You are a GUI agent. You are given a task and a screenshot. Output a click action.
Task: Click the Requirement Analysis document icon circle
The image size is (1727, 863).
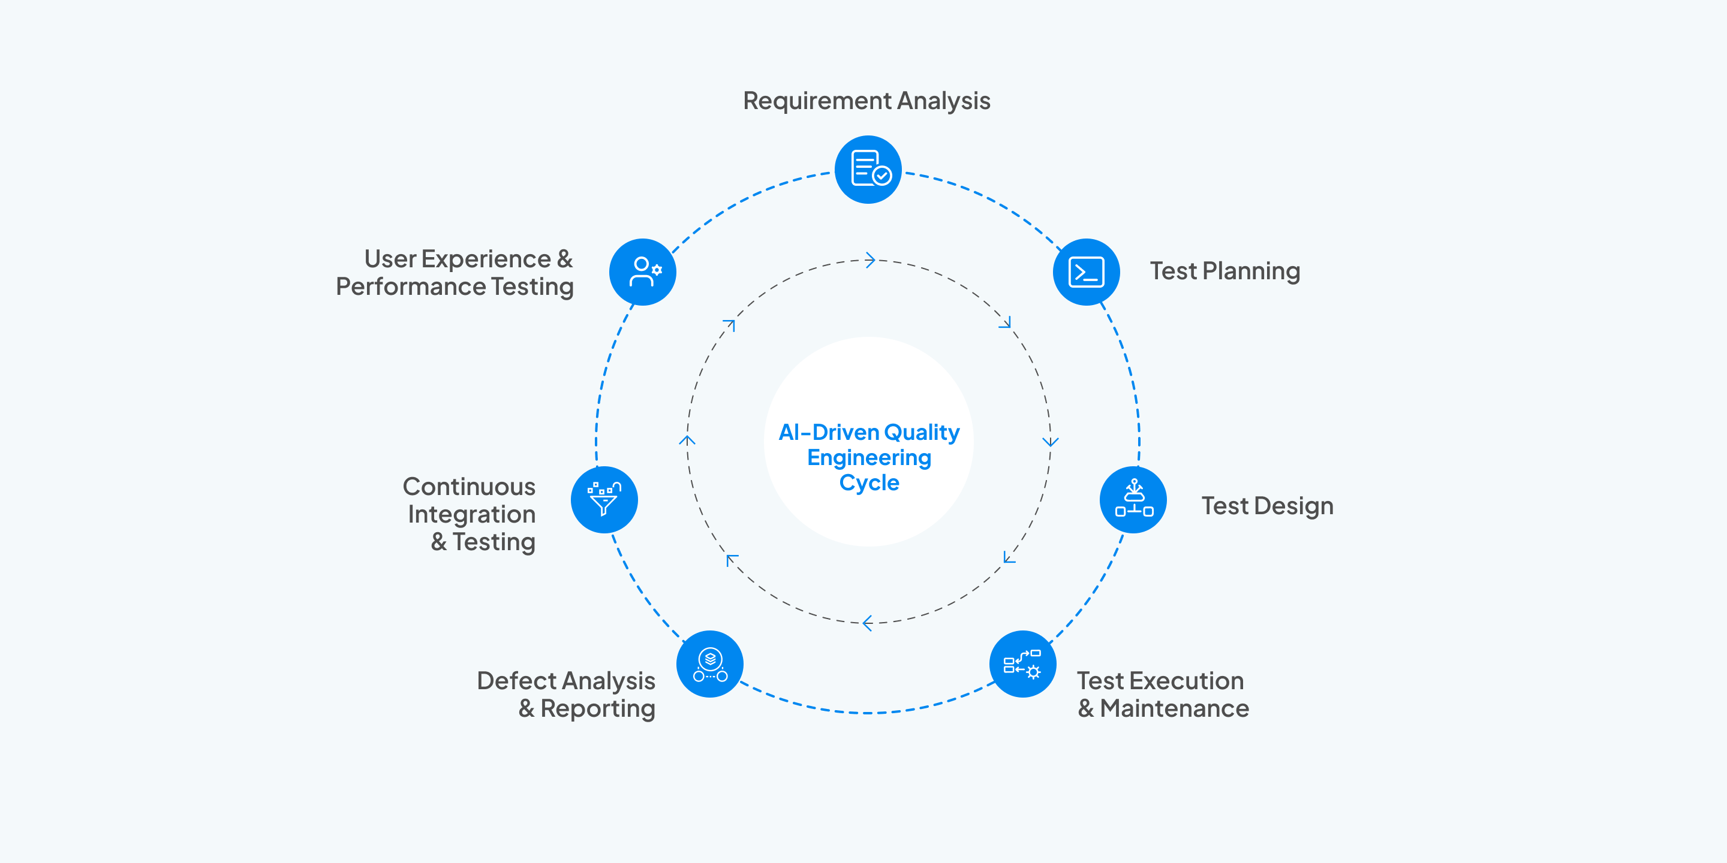(x=868, y=170)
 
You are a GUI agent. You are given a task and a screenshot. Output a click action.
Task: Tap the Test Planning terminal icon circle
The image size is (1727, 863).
(x=1086, y=272)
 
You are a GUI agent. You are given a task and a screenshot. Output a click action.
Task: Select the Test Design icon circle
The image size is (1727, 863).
(x=1133, y=500)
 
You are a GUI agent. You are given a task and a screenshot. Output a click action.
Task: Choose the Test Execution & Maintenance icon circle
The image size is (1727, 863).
(x=1022, y=664)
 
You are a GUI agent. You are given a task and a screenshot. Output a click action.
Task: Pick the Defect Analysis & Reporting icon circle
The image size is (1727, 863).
(x=710, y=664)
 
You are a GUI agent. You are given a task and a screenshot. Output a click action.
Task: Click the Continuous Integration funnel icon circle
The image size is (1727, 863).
(x=604, y=500)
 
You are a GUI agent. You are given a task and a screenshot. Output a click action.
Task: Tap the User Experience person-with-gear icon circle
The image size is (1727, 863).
(x=643, y=272)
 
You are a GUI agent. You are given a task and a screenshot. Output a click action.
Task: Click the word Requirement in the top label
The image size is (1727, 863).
(x=817, y=101)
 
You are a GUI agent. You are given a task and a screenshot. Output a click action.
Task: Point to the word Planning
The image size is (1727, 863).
(x=1251, y=271)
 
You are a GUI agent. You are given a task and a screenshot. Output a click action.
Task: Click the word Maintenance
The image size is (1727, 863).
(x=1174, y=709)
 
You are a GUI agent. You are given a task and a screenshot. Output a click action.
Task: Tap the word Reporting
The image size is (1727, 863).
(x=597, y=709)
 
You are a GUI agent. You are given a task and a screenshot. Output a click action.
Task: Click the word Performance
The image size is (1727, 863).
(x=410, y=287)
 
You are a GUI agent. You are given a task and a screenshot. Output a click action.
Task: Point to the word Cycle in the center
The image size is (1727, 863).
(x=869, y=482)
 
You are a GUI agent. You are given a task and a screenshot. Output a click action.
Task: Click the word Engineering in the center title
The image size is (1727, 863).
(x=869, y=458)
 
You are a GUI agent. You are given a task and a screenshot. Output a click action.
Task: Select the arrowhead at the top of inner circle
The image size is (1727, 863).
(x=870, y=260)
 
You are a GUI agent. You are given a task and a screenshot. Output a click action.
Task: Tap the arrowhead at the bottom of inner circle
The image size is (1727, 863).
(x=868, y=623)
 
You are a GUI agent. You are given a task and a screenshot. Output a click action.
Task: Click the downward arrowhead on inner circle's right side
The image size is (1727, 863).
(x=1051, y=442)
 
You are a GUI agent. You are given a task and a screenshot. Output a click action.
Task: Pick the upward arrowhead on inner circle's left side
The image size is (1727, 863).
(x=687, y=440)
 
